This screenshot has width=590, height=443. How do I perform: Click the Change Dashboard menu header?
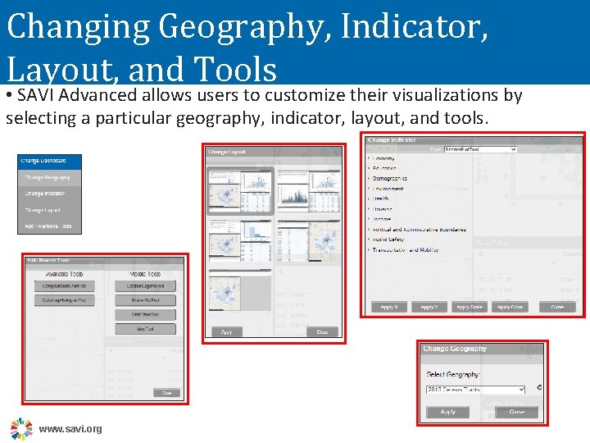click(49, 161)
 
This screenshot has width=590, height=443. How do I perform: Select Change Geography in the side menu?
click(49, 177)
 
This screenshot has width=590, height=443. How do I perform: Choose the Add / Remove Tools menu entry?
click(49, 226)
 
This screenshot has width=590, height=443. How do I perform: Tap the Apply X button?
click(389, 307)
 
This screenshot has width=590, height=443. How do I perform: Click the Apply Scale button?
click(470, 307)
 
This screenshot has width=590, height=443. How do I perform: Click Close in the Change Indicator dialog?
click(557, 307)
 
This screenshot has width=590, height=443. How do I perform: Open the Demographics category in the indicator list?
click(392, 178)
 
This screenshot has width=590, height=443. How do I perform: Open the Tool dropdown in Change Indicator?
click(480, 149)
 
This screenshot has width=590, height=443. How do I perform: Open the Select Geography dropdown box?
click(475, 389)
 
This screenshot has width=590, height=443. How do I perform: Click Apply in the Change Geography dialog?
click(448, 412)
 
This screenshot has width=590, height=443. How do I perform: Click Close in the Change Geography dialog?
click(517, 412)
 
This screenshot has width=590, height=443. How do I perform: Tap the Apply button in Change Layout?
click(227, 332)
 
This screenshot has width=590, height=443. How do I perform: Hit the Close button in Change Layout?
click(322, 332)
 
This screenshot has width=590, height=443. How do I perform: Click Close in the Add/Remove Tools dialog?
click(166, 393)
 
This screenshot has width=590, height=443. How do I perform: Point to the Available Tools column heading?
click(63, 274)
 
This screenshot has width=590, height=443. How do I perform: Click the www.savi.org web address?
click(70, 429)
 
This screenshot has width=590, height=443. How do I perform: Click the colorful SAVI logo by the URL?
click(20, 428)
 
